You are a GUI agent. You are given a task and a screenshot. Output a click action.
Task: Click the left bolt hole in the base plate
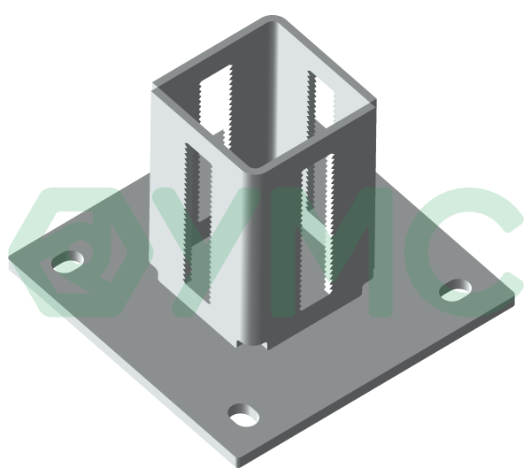point(67,261)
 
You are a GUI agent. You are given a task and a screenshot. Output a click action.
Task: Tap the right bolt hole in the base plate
point(456,290)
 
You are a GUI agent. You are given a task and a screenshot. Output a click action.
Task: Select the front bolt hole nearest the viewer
point(243,414)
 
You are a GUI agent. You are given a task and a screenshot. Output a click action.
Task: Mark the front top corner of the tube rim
point(258,168)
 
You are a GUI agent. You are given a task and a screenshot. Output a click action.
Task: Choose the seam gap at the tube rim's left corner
point(156,86)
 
